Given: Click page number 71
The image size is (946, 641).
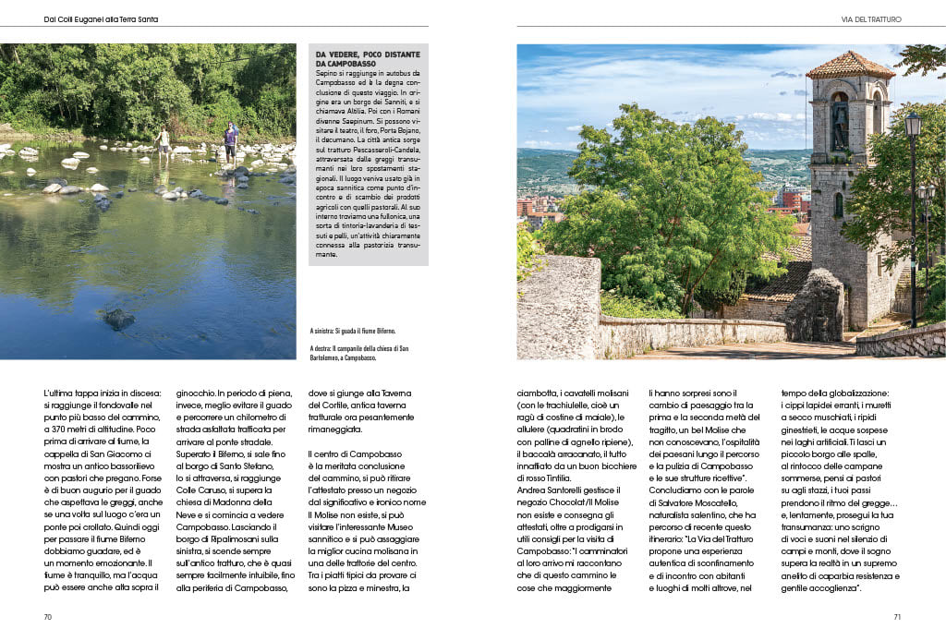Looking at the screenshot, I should [x=896, y=618].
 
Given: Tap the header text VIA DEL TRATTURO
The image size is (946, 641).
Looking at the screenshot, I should [x=871, y=18].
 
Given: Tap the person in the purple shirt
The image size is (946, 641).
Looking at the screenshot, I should [x=230, y=140].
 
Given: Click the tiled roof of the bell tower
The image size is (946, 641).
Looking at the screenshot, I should [x=850, y=65].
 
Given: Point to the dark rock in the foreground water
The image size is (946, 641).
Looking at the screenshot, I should [x=118, y=319].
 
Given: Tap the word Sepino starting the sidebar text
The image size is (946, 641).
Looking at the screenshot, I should [x=328, y=73].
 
